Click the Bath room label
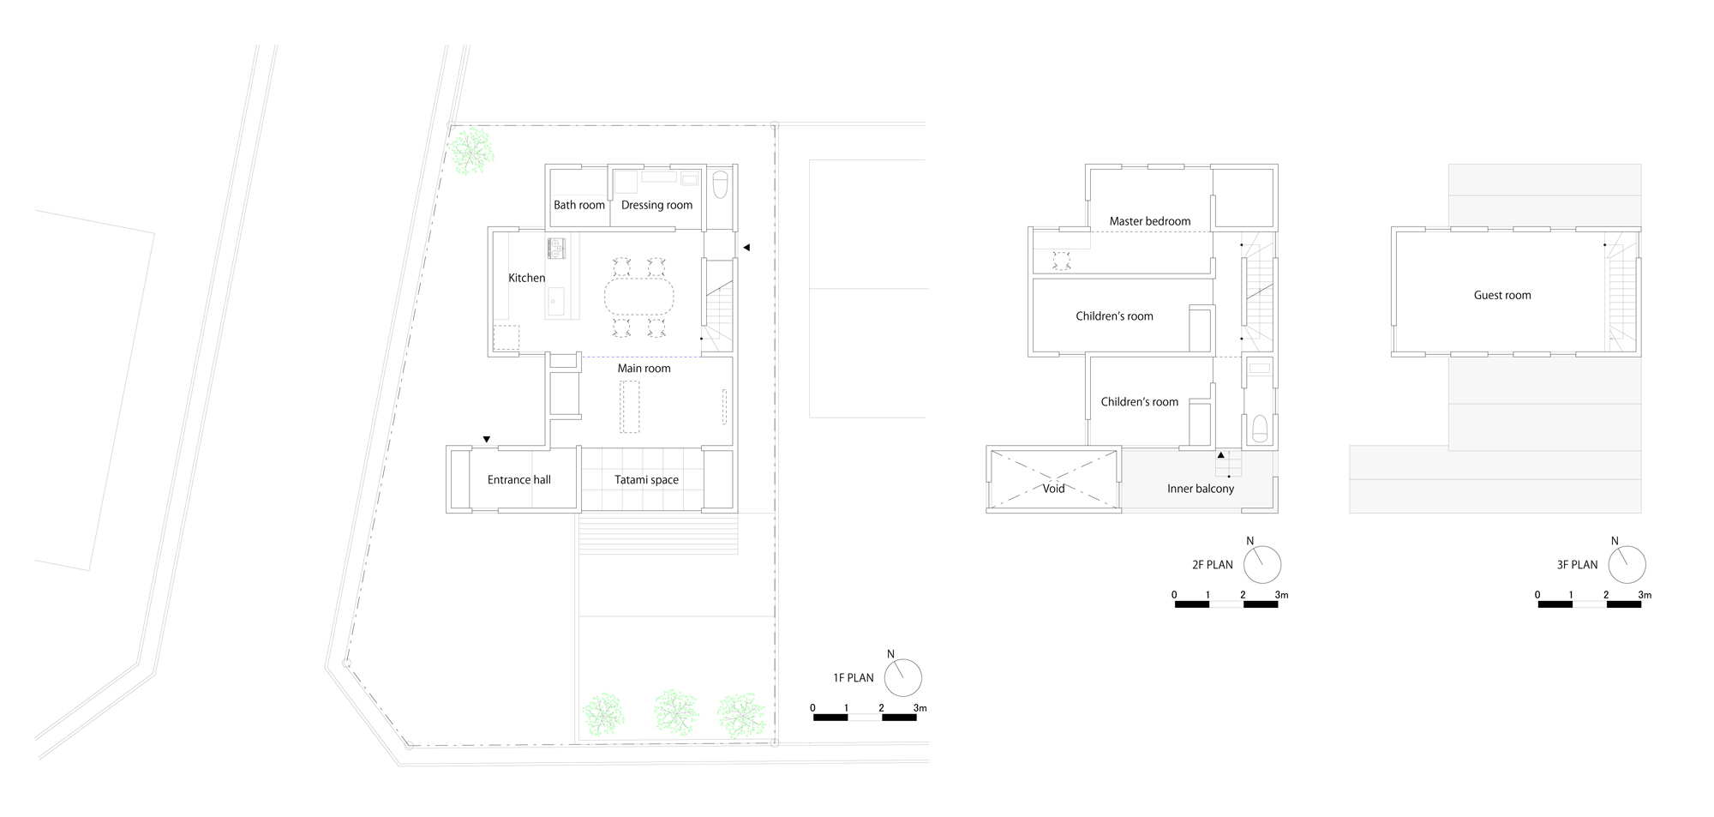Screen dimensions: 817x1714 (x=578, y=205)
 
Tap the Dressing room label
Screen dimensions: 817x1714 (x=656, y=205)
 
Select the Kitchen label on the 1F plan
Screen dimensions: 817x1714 (x=526, y=278)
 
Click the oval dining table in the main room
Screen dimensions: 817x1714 (x=638, y=297)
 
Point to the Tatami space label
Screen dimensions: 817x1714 (x=646, y=480)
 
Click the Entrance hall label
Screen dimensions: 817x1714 (x=518, y=480)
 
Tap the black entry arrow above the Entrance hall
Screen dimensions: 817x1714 (x=487, y=440)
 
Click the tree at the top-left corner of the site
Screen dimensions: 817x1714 (x=470, y=150)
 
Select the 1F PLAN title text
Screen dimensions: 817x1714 (x=853, y=678)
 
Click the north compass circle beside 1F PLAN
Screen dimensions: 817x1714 (x=902, y=678)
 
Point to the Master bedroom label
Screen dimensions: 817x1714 (x=1149, y=221)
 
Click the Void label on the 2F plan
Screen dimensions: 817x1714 (x=1053, y=489)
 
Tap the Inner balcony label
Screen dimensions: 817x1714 (x=1200, y=489)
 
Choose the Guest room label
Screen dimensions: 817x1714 (x=1501, y=295)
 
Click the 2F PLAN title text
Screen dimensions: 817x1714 (x=1212, y=565)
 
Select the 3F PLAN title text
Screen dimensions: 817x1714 (x=1577, y=565)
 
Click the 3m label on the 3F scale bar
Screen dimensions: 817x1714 (x=1644, y=595)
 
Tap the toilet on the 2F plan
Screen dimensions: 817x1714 (x=1259, y=427)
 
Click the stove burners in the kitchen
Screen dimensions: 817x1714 (x=557, y=248)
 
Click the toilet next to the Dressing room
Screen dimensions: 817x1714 (x=720, y=183)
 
